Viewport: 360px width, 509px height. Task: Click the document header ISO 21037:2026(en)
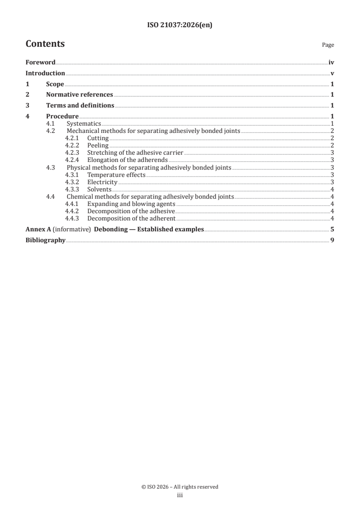(180, 26)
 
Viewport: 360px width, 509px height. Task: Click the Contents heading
(45, 44)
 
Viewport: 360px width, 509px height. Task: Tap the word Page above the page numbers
(328, 45)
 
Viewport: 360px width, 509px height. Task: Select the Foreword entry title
(40, 63)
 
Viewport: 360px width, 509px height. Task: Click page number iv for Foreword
(331, 63)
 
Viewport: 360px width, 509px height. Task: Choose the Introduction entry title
(45, 73)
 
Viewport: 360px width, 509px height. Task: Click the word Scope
(55, 84)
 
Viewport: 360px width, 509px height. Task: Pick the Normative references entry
(79, 95)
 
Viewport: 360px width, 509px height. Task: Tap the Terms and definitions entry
(80, 106)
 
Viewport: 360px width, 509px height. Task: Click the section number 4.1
(51, 123)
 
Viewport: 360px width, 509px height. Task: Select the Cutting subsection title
(98, 138)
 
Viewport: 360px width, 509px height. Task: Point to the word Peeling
(98, 145)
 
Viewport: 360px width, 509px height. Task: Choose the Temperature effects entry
(116, 175)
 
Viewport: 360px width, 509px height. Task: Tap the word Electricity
(102, 182)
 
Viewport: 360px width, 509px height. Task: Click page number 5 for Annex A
(332, 229)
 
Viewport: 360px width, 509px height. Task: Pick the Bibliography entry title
(45, 240)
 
